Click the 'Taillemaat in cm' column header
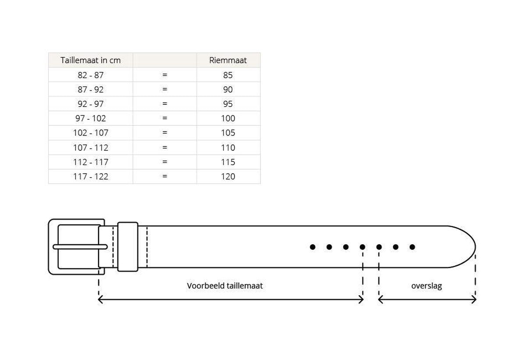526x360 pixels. coord(90,61)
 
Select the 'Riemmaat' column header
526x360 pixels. coord(228,61)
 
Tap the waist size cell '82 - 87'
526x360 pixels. coord(90,75)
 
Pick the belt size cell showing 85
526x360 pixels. coord(228,75)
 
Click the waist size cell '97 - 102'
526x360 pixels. coord(90,118)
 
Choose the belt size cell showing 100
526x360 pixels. coord(228,118)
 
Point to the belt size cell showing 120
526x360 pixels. coord(228,176)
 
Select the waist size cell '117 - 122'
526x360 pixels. coord(90,176)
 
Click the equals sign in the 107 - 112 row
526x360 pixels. coord(165,147)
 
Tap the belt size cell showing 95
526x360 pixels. coord(228,104)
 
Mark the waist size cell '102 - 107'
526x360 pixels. coord(90,133)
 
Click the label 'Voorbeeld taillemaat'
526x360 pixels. coord(225,285)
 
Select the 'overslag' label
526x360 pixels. coord(426,286)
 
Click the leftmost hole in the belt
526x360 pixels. coord(313,247)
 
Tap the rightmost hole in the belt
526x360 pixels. coord(412,247)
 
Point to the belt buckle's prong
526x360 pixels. coord(80,247)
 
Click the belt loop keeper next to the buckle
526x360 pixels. coord(128,246)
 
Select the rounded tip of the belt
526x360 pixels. coord(469,246)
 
